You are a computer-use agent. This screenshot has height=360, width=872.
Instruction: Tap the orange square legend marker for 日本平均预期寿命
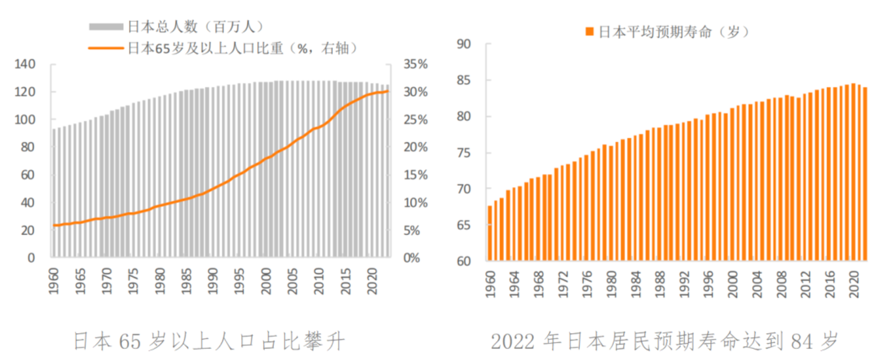(589, 32)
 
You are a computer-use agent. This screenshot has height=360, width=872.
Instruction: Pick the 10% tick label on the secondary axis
(415, 202)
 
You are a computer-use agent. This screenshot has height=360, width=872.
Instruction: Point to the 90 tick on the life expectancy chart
(464, 44)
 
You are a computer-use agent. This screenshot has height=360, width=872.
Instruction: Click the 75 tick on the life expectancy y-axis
(464, 153)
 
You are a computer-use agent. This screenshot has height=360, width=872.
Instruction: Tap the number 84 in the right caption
(802, 341)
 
